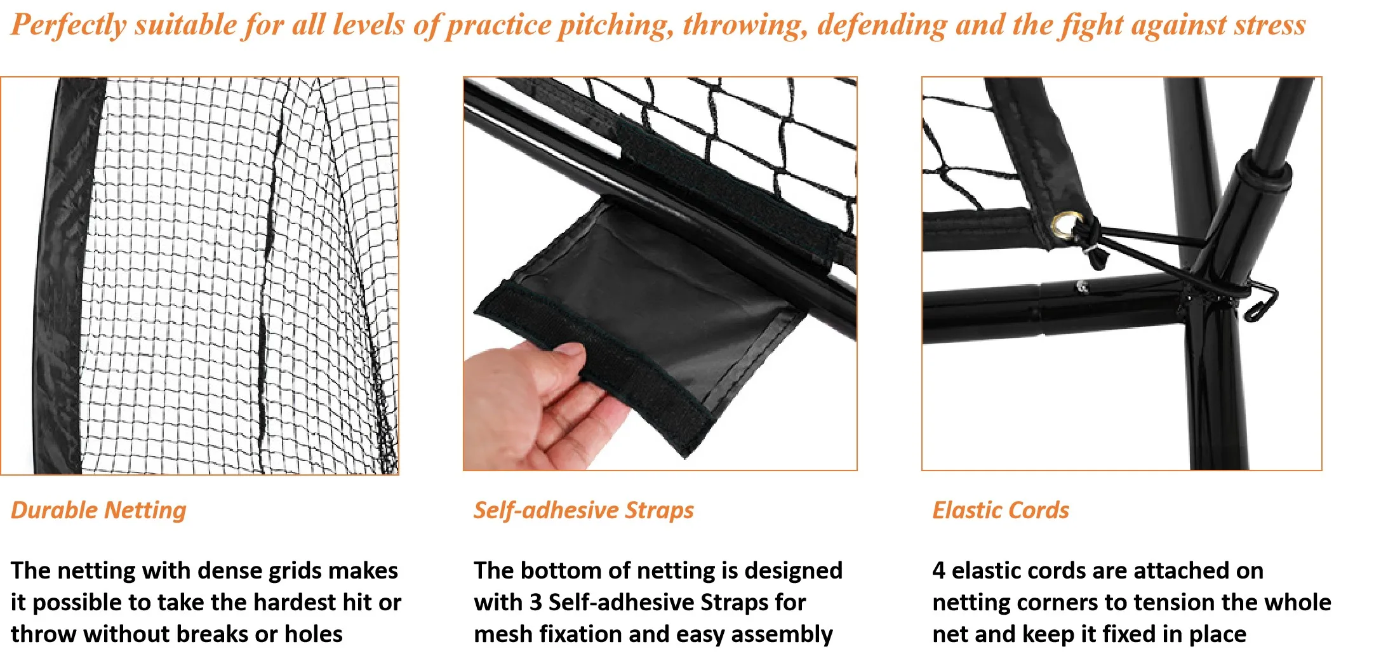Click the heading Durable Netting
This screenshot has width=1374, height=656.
pyautogui.click(x=98, y=511)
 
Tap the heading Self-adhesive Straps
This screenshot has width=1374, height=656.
pyautogui.click(x=583, y=511)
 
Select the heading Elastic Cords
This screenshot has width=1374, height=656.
pyautogui.click(x=1000, y=511)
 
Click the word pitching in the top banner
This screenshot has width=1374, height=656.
pyautogui.click(x=615, y=25)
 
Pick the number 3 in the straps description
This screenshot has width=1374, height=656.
pyautogui.click(x=537, y=602)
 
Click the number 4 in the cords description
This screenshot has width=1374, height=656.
pyautogui.click(x=938, y=570)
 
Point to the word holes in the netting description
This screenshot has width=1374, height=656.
pyautogui.click(x=313, y=634)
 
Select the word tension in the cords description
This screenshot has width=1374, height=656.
pyautogui.click(x=1142, y=602)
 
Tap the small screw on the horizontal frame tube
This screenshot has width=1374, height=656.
pyautogui.click(x=1082, y=287)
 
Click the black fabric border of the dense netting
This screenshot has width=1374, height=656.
pyautogui.click(x=60, y=273)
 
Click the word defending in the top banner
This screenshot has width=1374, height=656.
pyautogui.click(x=882, y=25)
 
